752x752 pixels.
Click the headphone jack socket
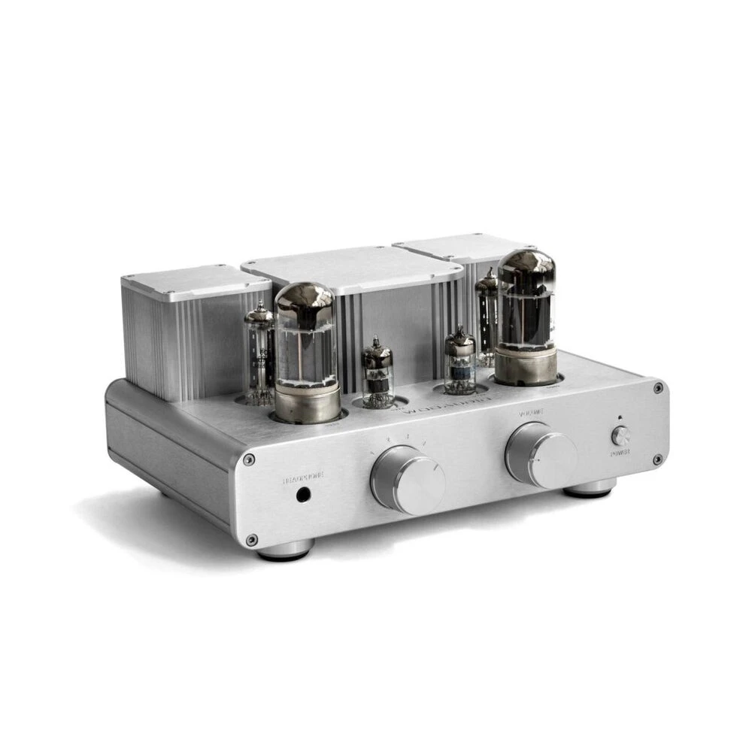[x=305, y=495]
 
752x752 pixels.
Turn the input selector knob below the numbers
[x=408, y=478]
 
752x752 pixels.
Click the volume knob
[x=541, y=454]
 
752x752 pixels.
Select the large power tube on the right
[x=526, y=316]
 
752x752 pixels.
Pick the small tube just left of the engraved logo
[x=378, y=372]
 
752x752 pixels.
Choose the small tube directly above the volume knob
[x=459, y=361]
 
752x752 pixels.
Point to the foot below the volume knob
[x=590, y=489]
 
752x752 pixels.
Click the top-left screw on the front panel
[x=249, y=459]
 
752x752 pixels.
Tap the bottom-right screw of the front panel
[x=657, y=459]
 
